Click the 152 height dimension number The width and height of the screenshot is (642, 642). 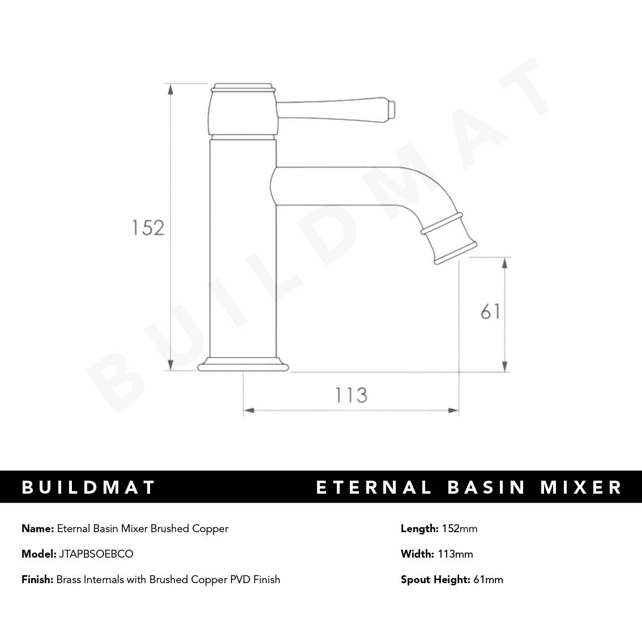(x=148, y=228)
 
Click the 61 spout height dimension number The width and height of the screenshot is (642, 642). (x=490, y=312)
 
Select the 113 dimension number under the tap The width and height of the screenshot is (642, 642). (x=351, y=395)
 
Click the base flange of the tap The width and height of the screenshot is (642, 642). (x=243, y=365)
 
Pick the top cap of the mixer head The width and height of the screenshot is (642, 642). (x=243, y=88)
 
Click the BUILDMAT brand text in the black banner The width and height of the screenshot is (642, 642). (x=88, y=487)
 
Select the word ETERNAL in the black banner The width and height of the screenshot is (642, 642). (x=374, y=487)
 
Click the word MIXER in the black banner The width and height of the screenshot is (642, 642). (x=581, y=487)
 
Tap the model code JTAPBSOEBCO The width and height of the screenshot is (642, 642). (x=96, y=554)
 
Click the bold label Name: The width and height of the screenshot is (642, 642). (x=37, y=529)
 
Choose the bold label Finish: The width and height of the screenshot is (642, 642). (x=37, y=580)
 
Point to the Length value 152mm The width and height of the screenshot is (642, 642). (x=459, y=529)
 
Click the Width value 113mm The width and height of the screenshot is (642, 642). (x=455, y=554)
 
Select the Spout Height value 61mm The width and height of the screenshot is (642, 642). (x=488, y=580)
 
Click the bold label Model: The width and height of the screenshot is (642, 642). (x=38, y=554)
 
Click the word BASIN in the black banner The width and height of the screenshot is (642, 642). (x=487, y=487)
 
